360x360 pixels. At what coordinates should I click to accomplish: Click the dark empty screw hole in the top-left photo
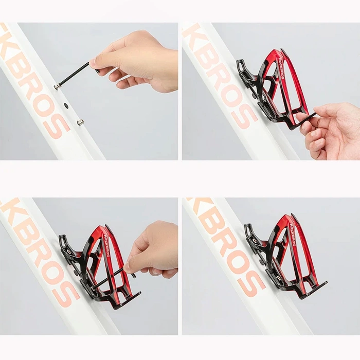tap(66, 105)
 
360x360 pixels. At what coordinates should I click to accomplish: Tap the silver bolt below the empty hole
tap(80, 122)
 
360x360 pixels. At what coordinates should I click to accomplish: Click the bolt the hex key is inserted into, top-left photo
tap(57, 87)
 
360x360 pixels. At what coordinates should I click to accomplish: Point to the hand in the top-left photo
tap(139, 61)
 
